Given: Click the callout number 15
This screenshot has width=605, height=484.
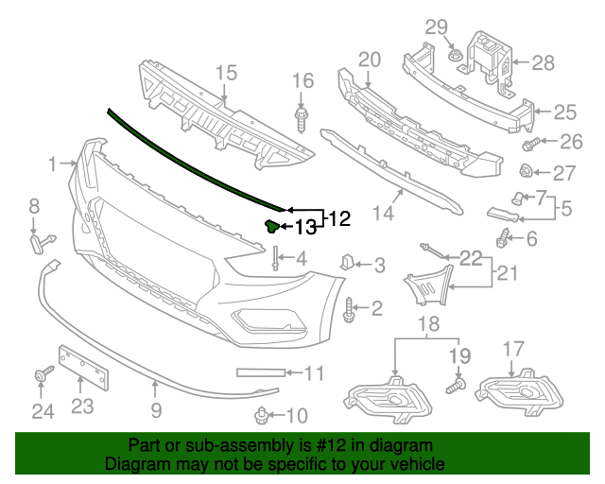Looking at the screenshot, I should pyautogui.click(x=225, y=73).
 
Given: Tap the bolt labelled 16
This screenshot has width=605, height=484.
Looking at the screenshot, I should pyautogui.click(x=302, y=121).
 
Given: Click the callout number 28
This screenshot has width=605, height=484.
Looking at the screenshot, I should pyautogui.click(x=543, y=63).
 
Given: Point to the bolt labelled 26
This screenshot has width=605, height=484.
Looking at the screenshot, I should pyautogui.click(x=529, y=144).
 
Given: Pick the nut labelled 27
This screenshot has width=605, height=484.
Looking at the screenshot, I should pyautogui.click(x=528, y=172).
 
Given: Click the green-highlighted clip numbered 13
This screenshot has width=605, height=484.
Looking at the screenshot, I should pyautogui.click(x=270, y=225).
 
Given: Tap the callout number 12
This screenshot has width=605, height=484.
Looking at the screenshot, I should pyautogui.click(x=338, y=218).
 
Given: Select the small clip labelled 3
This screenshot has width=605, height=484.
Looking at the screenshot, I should pyautogui.click(x=346, y=262).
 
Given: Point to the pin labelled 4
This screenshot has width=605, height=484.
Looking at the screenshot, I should pyautogui.click(x=275, y=258).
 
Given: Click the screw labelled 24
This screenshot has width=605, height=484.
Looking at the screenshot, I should pyautogui.click(x=43, y=377).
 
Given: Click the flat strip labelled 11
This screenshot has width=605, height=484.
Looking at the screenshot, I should pyautogui.click(x=257, y=373).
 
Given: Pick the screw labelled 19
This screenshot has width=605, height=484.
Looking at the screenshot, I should pyautogui.click(x=458, y=384).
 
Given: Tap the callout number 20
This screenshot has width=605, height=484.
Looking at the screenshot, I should pyautogui.click(x=370, y=60).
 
